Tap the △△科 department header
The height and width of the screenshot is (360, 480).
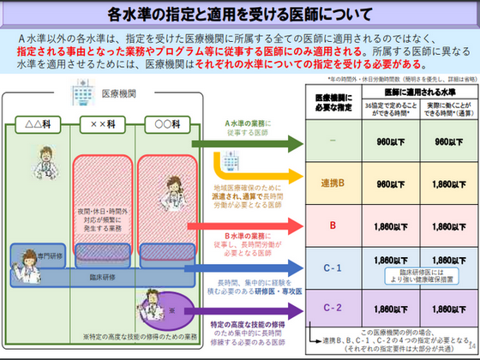click(x=39, y=124)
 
